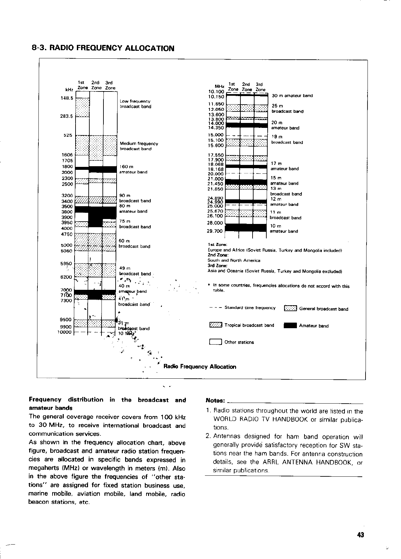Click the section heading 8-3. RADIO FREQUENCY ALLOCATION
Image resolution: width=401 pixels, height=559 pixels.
(x=103, y=48)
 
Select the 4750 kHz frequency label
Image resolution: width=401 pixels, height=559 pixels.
(x=67, y=234)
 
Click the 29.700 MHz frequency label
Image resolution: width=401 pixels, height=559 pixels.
(x=215, y=231)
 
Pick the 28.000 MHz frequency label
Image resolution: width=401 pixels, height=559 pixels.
(x=215, y=223)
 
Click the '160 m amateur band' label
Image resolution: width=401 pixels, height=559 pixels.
(x=133, y=169)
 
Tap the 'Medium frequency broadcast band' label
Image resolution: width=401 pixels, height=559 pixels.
(x=139, y=146)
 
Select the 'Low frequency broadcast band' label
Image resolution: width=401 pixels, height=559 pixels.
(x=135, y=104)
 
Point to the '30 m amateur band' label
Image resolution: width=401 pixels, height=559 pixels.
(x=293, y=96)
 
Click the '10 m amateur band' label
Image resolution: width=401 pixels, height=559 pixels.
(x=284, y=229)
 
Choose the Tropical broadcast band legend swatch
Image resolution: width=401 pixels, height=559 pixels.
(x=216, y=325)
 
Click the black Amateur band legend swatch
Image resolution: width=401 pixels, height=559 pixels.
(x=290, y=326)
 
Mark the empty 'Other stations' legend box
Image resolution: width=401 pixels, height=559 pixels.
(x=215, y=342)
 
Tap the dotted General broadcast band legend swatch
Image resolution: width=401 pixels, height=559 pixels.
(x=290, y=309)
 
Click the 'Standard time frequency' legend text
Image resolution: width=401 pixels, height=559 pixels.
(x=250, y=308)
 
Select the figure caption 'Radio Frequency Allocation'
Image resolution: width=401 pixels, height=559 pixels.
(x=200, y=367)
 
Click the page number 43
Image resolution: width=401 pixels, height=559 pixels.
(x=361, y=535)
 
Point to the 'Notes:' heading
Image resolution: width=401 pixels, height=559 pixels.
(x=215, y=400)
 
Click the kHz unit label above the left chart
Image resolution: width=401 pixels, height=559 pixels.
(x=69, y=89)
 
